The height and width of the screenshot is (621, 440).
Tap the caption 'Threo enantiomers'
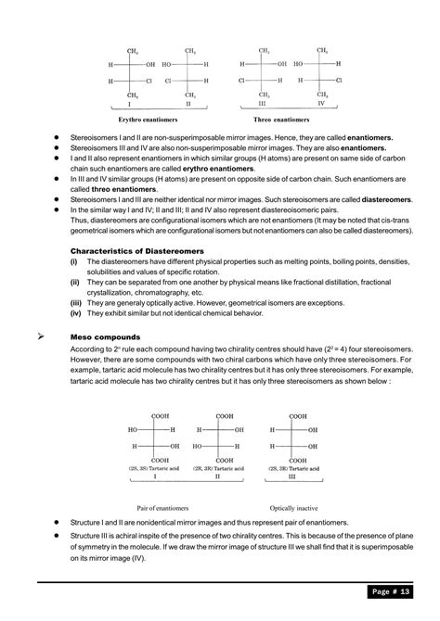coord(281,120)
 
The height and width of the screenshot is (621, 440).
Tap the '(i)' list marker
coord(74,261)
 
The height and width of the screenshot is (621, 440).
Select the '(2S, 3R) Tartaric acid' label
coord(295,469)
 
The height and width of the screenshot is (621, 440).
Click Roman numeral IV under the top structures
coord(322,105)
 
